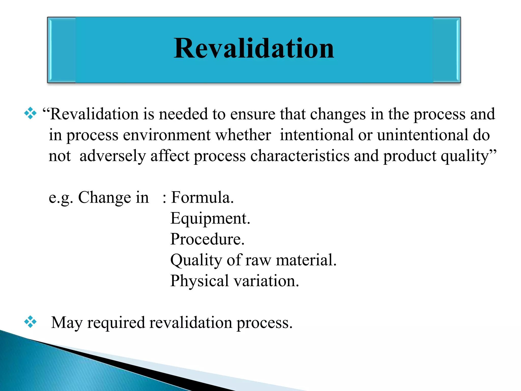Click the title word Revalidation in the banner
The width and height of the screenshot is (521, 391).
[x=254, y=48]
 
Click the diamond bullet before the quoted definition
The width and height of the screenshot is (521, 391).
[x=30, y=113]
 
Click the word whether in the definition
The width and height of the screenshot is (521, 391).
[x=243, y=135]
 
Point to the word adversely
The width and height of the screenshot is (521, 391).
[x=112, y=156]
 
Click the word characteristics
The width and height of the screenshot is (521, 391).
[x=300, y=156]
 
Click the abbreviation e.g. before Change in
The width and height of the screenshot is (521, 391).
[x=61, y=198]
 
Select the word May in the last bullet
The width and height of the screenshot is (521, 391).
[x=67, y=323]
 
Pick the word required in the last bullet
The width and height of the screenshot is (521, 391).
[x=116, y=323]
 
